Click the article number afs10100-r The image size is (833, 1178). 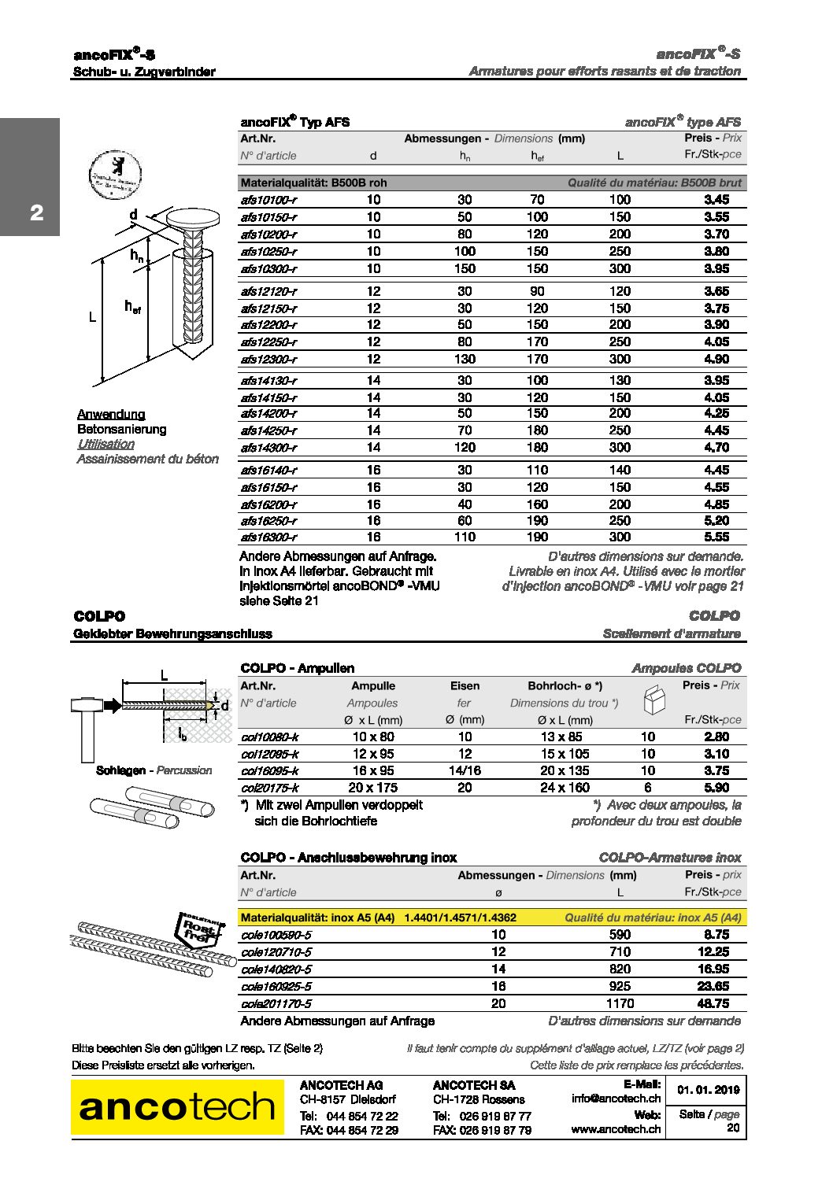point(268,200)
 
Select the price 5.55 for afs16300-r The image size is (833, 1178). point(716,537)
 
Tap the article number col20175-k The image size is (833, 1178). point(269,788)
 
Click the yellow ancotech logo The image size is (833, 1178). point(177,1107)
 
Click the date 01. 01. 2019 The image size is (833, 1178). point(708,1090)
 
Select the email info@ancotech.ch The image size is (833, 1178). point(616,1099)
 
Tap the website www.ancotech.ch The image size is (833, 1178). point(616,1128)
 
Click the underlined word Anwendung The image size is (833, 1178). point(111,415)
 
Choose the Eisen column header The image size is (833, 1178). point(465,686)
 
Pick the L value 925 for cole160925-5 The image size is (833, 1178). point(620,987)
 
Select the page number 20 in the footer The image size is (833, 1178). point(732,1128)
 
